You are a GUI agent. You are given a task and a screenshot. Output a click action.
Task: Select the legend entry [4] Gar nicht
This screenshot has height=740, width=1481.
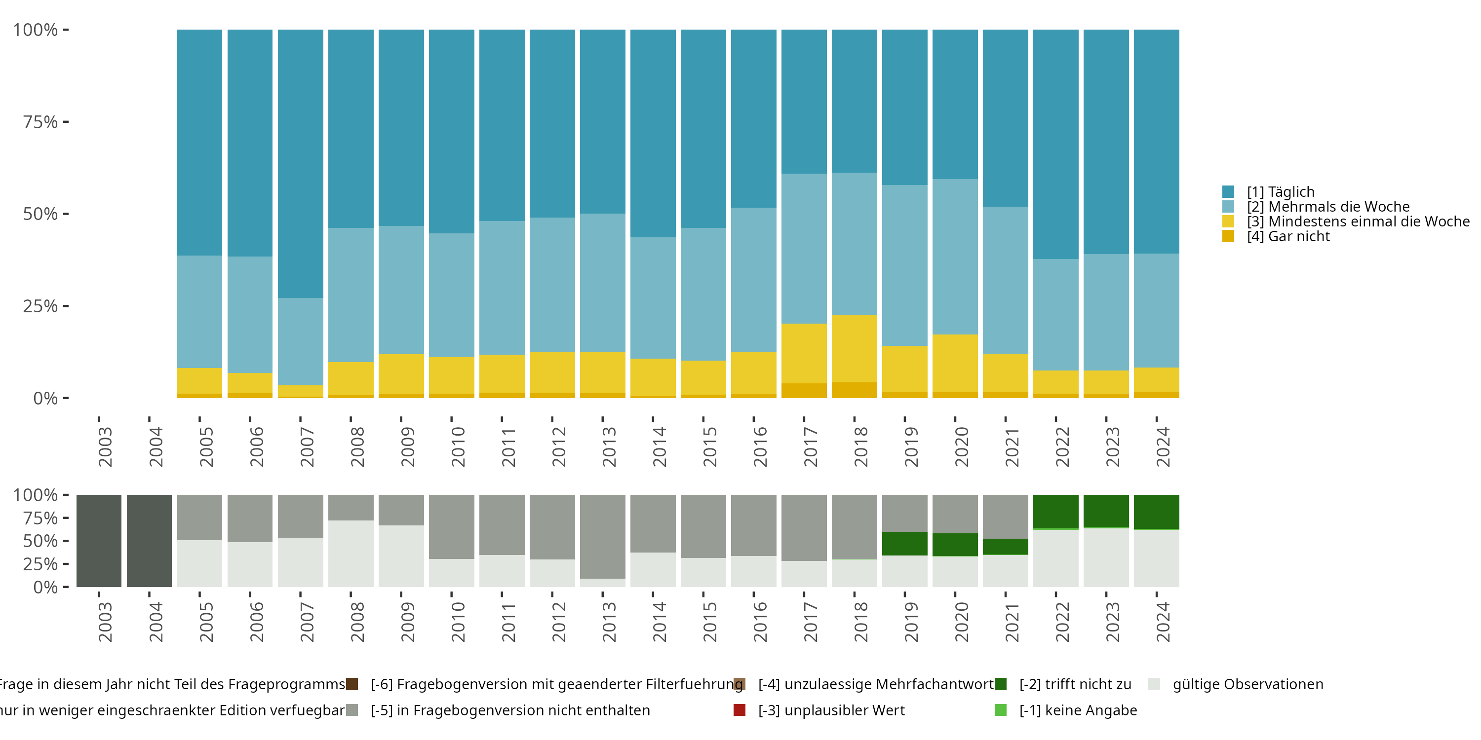point(1287,237)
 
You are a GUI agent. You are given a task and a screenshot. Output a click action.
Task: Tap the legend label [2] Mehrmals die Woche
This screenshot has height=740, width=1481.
point(1327,207)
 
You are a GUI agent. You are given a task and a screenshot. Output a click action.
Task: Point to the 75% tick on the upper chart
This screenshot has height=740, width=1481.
point(41,122)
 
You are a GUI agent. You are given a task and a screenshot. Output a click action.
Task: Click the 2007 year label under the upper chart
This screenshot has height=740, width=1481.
point(307,447)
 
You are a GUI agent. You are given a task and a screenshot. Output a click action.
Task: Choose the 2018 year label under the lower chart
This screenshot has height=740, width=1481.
point(860,622)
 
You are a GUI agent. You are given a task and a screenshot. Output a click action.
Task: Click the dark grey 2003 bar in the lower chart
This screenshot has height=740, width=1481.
point(99,541)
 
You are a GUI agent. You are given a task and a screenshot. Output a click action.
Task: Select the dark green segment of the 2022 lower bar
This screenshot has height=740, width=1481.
point(1055,511)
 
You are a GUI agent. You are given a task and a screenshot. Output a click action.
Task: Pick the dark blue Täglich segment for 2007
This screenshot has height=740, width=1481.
point(301,164)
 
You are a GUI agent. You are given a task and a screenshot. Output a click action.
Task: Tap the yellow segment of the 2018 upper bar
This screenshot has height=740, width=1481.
point(855,348)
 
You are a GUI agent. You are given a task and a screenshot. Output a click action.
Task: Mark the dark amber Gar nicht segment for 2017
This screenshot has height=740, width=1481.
point(804,391)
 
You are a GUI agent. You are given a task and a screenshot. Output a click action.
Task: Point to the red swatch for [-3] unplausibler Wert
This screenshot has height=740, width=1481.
point(740,710)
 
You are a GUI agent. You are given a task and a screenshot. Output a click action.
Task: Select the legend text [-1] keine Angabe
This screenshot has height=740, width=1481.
point(1078,711)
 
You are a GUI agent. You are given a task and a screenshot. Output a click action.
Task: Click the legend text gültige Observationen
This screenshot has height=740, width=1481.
point(1247,684)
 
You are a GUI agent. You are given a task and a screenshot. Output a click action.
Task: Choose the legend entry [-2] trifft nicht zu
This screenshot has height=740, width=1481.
point(1075,684)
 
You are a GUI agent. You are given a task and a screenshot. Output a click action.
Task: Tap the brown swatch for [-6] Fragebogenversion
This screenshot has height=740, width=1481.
point(352,684)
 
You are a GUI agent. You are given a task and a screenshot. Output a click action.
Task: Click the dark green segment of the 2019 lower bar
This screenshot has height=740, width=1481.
point(904,544)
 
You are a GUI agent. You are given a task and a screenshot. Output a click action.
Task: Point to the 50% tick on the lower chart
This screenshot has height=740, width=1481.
point(41,541)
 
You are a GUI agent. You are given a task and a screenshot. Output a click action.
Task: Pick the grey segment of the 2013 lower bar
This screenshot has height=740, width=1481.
point(602,536)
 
